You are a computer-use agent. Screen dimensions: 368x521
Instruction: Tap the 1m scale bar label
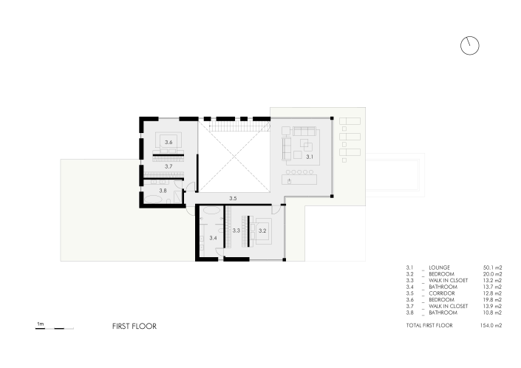pos(41,323)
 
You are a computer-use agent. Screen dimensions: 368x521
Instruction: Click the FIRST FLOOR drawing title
pos(134,325)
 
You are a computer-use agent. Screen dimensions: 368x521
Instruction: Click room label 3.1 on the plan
pos(310,157)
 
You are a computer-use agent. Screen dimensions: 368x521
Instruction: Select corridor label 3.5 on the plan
pos(233,198)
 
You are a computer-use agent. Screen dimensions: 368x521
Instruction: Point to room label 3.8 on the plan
pos(163,191)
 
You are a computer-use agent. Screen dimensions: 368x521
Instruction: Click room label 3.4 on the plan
pos(213,238)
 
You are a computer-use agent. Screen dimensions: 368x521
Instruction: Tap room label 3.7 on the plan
pos(168,167)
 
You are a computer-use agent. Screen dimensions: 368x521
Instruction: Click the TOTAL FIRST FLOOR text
pos(429,325)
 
